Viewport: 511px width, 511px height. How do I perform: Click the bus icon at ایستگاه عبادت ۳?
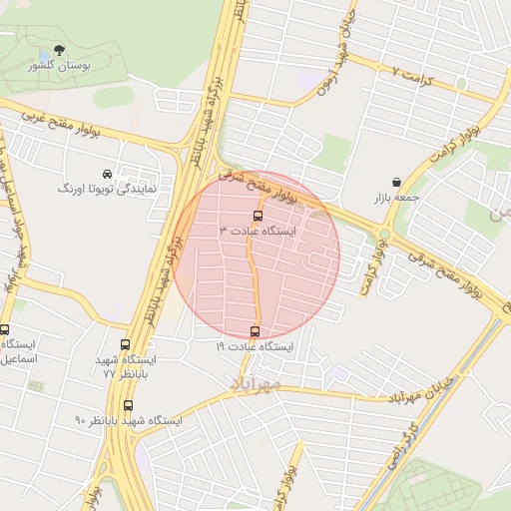(257, 216)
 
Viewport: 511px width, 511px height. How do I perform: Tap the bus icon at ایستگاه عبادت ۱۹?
(255, 332)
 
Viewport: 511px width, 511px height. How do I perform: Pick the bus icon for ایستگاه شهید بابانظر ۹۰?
(127, 405)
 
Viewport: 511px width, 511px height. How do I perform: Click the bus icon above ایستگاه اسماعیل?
(5, 330)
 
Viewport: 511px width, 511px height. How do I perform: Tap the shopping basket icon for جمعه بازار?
(397, 183)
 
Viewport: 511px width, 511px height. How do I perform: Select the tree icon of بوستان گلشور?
(59, 49)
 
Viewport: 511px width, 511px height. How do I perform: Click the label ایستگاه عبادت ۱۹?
(255, 347)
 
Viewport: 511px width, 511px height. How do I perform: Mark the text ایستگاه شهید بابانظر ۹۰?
(129, 420)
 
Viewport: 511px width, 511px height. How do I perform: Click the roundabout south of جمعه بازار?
(384, 236)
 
